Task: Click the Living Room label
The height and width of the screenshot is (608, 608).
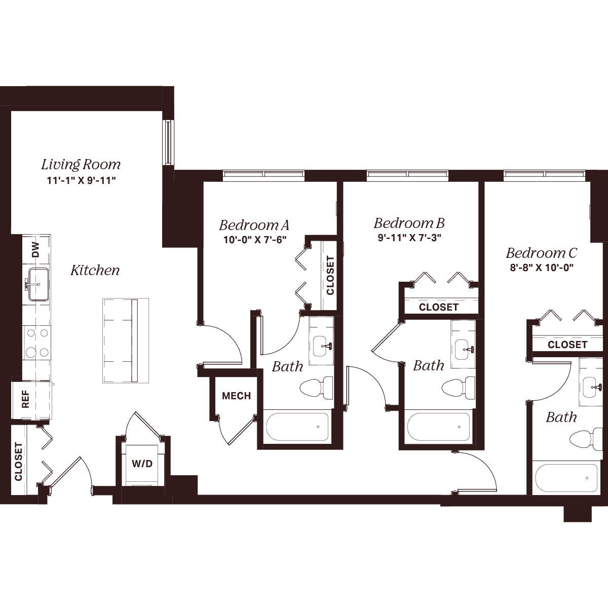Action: point(81,165)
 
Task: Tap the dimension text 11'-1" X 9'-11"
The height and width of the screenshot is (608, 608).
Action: point(82,181)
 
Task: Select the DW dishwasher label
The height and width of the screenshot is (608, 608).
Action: point(36,249)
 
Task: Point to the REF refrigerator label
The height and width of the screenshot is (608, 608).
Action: point(25,399)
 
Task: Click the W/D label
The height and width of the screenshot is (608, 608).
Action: point(142,464)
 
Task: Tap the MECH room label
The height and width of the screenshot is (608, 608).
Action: point(236,396)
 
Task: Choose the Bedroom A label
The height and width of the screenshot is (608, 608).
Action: point(254,225)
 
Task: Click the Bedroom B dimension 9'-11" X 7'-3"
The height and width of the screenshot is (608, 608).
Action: point(409,238)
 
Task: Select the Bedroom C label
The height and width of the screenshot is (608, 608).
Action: point(542,253)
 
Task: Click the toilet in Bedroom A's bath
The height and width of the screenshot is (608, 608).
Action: point(316,388)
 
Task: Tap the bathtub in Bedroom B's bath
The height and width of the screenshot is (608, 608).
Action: point(439,427)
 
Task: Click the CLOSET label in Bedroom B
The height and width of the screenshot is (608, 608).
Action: point(439,307)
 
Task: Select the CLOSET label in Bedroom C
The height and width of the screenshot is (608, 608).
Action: point(567,345)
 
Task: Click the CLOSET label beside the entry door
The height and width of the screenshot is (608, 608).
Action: point(18,461)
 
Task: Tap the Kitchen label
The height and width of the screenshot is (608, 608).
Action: point(95,271)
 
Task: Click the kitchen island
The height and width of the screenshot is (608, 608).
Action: point(126,341)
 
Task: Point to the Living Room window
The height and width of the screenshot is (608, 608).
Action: point(168,142)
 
